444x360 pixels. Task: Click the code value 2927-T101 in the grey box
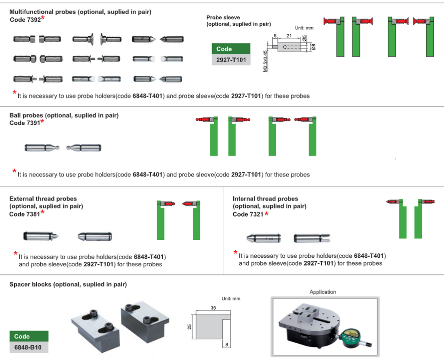click(231, 60)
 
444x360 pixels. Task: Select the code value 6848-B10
click(29, 347)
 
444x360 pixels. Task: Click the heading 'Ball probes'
click(26, 116)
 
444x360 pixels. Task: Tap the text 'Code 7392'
click(25, 20)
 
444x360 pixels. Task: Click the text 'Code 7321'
click(248, 214)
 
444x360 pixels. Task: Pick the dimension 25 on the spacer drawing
click(189, 326)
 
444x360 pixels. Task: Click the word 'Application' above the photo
click(323, 292)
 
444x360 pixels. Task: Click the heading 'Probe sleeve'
click(224, 17)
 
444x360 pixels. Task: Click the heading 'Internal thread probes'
click(265, 199)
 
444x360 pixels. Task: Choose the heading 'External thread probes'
click(43, 199)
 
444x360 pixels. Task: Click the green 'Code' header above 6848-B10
click(29, 337)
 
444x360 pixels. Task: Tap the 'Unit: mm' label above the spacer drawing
click(231, 298)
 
